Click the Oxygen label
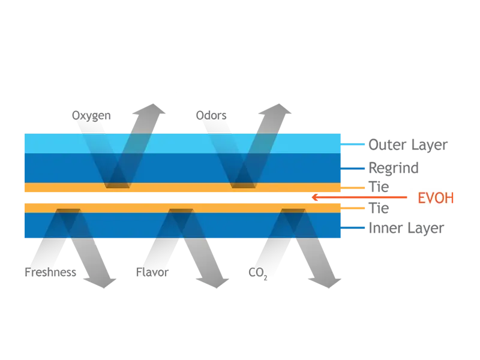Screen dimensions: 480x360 [91, 116]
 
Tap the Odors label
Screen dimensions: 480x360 [211, 115]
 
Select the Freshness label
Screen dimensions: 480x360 [50, 272]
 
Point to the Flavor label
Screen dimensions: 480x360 [152, 272]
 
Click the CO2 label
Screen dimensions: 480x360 [258, 273]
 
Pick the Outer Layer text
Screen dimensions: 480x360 [408, 145]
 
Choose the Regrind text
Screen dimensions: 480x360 [394, 168]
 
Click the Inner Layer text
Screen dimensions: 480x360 [406, 229]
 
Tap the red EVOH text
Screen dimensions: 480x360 [436, 198]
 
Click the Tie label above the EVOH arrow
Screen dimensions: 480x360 [379, 187]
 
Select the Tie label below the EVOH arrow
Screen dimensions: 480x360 [379, 208]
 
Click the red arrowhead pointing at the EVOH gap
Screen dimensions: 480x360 [314, 197]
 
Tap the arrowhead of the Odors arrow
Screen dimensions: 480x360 [276, 110]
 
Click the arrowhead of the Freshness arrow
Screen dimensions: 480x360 [101, 283]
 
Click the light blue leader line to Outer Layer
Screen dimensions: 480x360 [353, 144]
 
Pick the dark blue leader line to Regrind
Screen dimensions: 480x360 [353, 169]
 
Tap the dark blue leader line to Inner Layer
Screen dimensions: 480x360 [353, 228]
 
